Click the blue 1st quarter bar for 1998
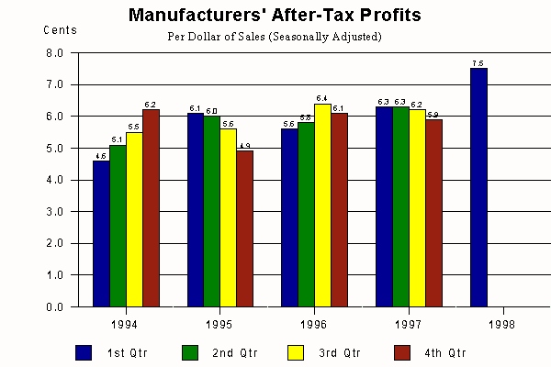click(x=478, y=187)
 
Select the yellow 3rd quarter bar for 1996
click(x=322, y=206)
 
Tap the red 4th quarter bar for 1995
click(x=244, y=228)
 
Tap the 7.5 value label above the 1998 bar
click(x=478, y=62)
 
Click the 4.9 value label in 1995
click(x=244, y=146)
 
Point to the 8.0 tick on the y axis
click(x=54, y=53)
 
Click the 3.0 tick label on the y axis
click(x=54, y=212)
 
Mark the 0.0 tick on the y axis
click(x=54, y=307)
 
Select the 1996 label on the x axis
click(x=313, y=325)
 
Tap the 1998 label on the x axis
click(x=501, y=325)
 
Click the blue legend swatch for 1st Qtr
click(x=84, y=352)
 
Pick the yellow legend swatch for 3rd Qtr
click(x=296, y=352)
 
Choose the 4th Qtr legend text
click(x=445, y=352)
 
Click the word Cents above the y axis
click(x=60, y=30)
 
